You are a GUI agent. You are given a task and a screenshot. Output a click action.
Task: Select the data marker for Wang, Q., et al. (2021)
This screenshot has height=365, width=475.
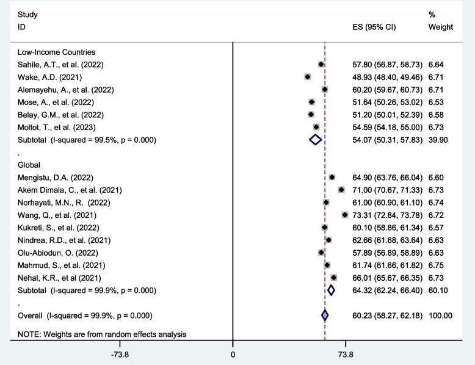[x=345, y=215]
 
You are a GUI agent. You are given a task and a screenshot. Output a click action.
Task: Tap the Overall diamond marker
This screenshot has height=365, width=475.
[x=325, y=316]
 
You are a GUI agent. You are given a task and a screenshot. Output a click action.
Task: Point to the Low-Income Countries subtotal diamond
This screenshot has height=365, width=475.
[x=315, y=140]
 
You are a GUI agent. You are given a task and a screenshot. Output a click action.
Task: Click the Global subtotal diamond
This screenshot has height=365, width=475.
[x=331, y=291]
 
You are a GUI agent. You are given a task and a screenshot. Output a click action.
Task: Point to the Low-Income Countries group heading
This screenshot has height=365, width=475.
[x=56, y=52]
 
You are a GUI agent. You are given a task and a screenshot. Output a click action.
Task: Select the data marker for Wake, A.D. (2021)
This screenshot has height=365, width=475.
[x=308, y=77]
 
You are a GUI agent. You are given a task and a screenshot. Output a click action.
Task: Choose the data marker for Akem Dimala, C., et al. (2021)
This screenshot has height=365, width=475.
[x=341, y=190]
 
